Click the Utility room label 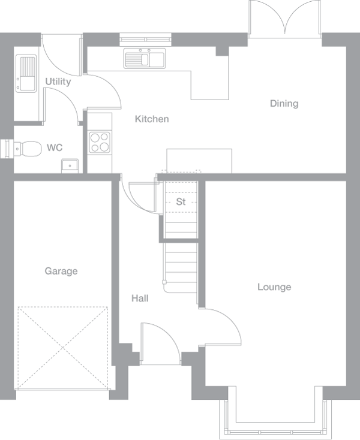point(58,82)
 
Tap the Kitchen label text point(151,119)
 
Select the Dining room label point(284,104)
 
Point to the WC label point(55,147)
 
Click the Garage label point(61,272)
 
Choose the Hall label point(140,298)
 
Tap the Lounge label point(274,287)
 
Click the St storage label point(181,202)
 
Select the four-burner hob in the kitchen point(100,142)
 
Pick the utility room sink point(27,73)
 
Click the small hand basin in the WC point(69,165)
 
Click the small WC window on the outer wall point(6,147)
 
